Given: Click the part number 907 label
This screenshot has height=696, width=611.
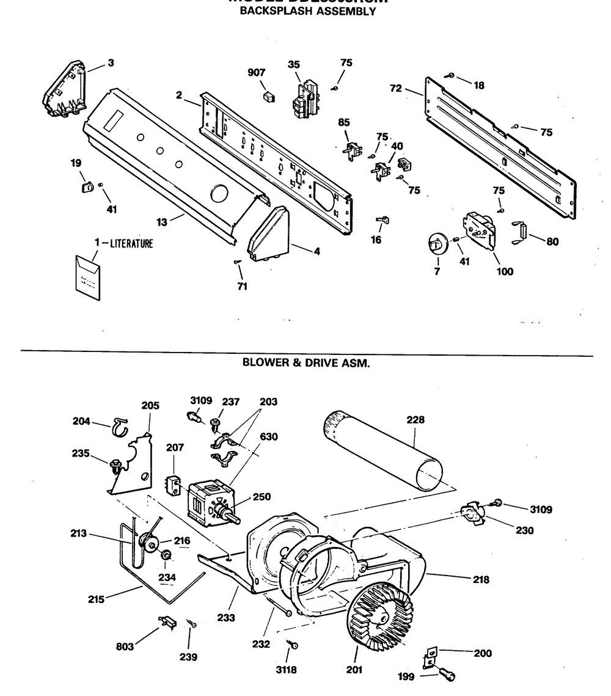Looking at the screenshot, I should [257, 73].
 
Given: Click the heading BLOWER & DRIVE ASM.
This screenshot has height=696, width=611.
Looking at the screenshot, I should [307, 362].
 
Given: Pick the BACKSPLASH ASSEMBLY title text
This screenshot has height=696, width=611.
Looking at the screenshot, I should [307, 11].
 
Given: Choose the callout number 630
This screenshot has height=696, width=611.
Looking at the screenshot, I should [269, 436].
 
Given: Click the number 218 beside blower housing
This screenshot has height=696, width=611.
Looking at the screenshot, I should [481, 579].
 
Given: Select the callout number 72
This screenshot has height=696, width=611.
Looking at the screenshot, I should [395, 89].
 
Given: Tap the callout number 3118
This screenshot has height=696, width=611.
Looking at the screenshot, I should [286, 670].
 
